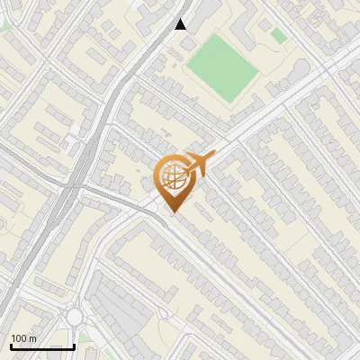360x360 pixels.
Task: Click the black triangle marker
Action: point(181,24)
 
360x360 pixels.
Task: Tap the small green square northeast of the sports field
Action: point(279,36)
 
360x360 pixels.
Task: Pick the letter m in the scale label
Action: point(33,338)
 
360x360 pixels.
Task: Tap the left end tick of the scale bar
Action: point(11,346)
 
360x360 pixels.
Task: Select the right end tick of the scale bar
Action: point(74,346)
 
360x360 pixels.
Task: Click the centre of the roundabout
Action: point(74,317)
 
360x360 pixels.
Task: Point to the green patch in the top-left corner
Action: point(4,25)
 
